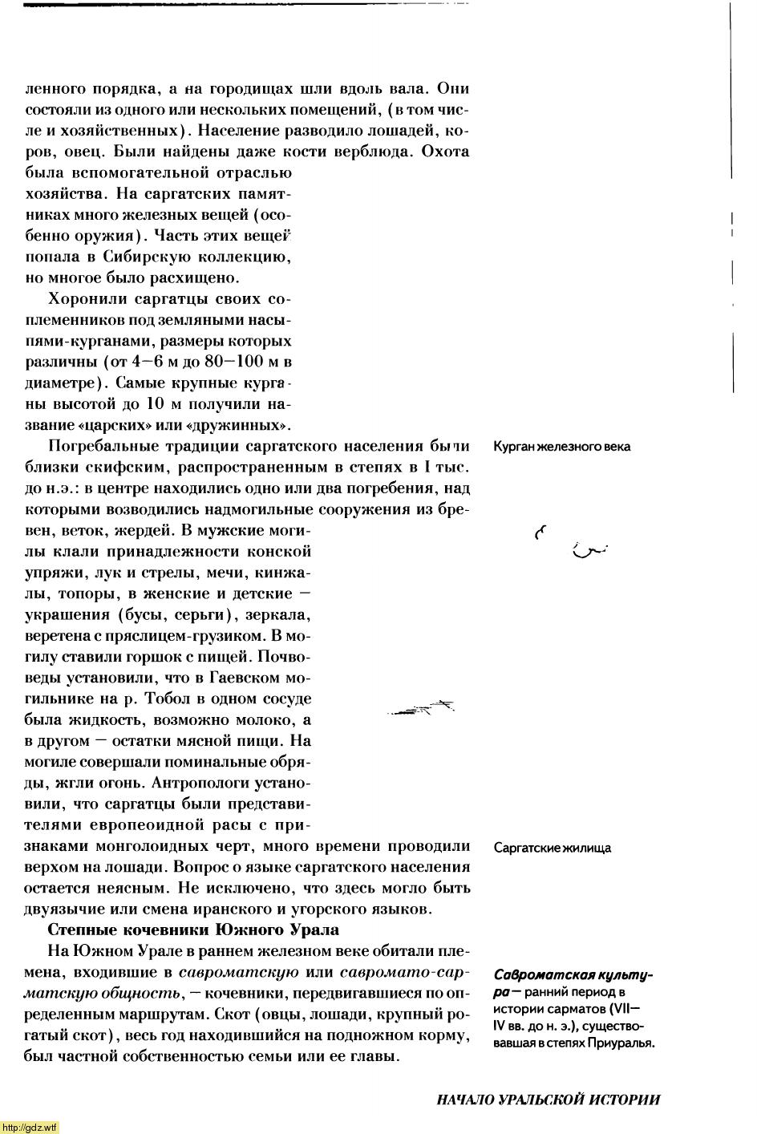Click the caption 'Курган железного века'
[x=561, y=446]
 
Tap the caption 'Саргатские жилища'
[x=552, y=848]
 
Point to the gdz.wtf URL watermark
[x=30, y=1127]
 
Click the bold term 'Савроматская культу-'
[x=573, y=975]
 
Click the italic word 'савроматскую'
[x=239, y=972]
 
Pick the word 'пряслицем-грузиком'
[x=196, y=636]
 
